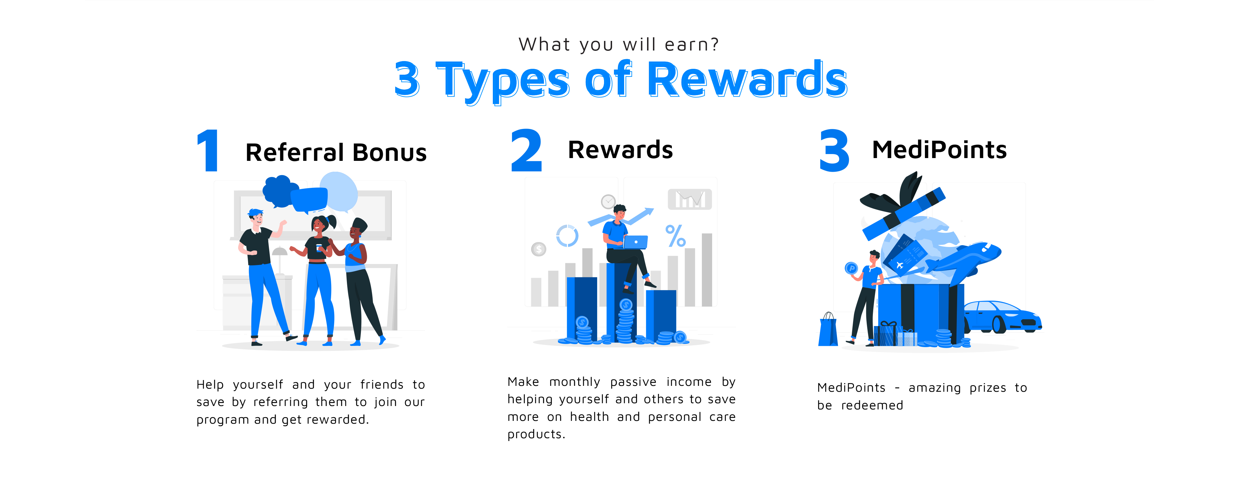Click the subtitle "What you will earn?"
pos(619,44)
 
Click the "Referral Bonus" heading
pos(336,152)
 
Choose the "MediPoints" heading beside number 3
pos(939,149)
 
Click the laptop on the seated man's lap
pos(635,242)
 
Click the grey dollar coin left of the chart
pos(539,249)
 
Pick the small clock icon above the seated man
pos(608,201)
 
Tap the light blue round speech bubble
pos(339,192)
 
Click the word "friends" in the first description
pos(382,384)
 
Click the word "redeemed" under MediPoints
pos(872,405)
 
